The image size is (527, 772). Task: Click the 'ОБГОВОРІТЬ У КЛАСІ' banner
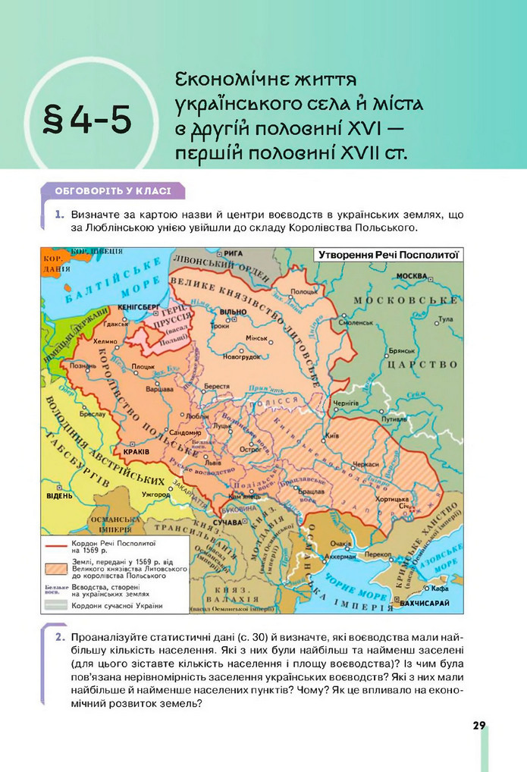click(x=112, y=191)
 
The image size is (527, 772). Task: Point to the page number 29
click(x=478, y=726)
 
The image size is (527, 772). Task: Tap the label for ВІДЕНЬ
click(x=59, y=496)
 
